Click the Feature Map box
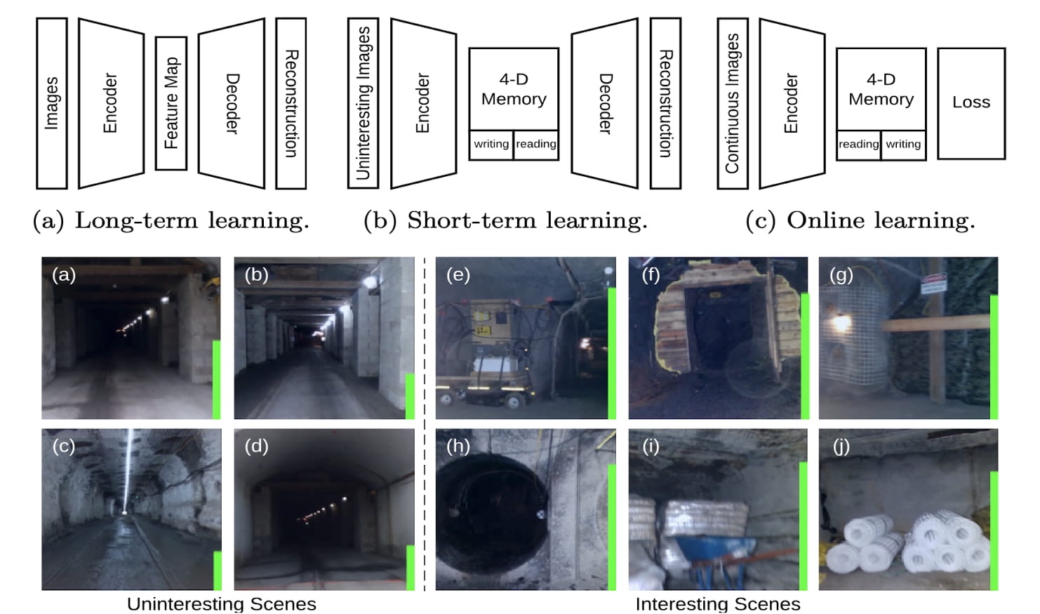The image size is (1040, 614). [x=171, y=103]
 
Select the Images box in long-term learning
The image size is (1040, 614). [x=51, y=103]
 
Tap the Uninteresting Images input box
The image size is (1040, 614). [x=363, y=103]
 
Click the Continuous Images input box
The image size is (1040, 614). [x=732, y=103]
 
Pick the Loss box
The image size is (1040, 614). [x=971, y=103]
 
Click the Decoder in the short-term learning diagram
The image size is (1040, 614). [x=604, y=103]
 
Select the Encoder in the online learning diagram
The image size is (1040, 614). [x=791, y=103]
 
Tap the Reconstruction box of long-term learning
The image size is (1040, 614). [x=291, y=103]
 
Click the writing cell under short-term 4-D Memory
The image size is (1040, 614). [x=491, y=145]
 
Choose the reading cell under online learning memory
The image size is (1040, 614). [x=858, y=145]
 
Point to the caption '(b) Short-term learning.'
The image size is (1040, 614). [x=505, y=220]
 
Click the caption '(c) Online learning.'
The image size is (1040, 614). [x=860, y=220]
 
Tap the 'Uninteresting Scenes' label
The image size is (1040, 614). [x=221, y=603]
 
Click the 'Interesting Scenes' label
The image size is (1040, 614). [x=717, y=603]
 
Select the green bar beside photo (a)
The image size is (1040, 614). [x=217, y=379]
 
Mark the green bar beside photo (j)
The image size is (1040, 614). [x=994, y=530]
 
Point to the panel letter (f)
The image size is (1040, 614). [x=650, y=274]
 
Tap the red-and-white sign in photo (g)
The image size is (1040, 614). [x=933, y=283]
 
